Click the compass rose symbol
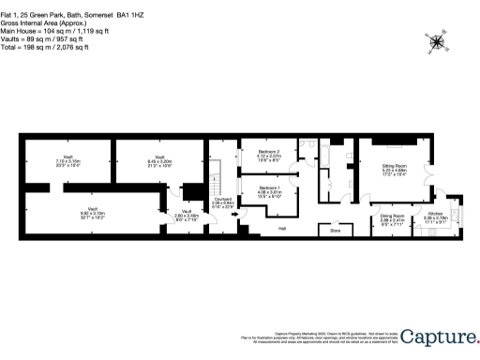coord(437,41)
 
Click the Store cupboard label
coord(333,227)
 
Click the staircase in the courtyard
coord(215,173)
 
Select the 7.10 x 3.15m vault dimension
coord(68,160)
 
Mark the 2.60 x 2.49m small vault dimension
coord(187,216)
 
